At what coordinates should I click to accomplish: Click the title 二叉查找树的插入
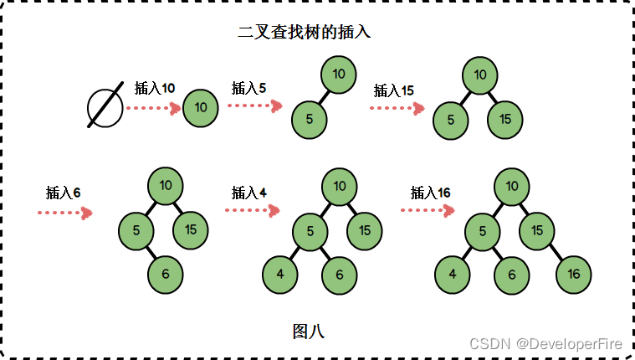[x=305, y=33]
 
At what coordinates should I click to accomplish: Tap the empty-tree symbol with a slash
[x=105, y=108]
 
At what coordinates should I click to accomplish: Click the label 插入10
[x=155, y=88]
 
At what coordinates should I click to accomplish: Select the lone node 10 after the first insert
[x=200, y=108]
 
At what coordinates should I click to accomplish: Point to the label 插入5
[x=248, y=87]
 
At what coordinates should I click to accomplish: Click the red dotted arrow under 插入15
[x=396, y=108]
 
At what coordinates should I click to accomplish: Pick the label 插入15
[x=393, y=90]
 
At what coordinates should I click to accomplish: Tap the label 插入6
[x=64, y=193]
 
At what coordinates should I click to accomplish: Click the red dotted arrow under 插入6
[x=64, y=213]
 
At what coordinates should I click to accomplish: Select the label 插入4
[x=249, y=192]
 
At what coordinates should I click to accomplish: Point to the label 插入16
[x=430, y=193]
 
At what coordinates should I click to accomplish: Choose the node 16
[x=573, y=275]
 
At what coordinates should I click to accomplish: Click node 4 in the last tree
[x=453, y=275]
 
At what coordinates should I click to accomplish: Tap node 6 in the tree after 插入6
[x=166, y=274]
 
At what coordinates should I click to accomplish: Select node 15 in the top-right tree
[x=504, y=120]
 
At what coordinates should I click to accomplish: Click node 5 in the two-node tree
[x=310, y=119]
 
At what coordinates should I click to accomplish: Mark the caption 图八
[x=308, y=331]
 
